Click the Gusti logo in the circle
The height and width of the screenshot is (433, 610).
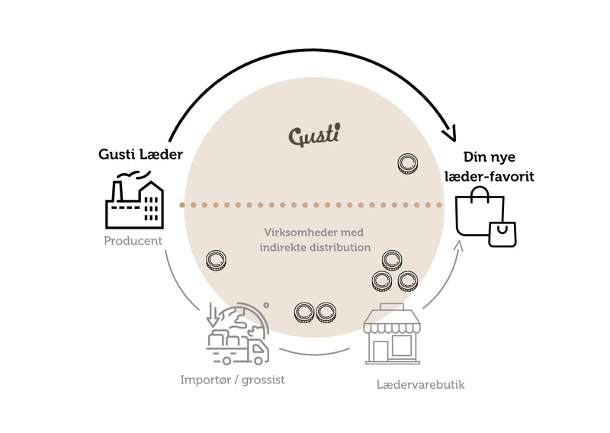point(315,136)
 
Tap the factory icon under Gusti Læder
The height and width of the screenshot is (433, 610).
point(135,202)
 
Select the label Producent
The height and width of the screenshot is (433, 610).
point(133,240)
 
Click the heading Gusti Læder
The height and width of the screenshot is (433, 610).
point(140,155)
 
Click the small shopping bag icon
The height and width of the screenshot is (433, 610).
point(503,234)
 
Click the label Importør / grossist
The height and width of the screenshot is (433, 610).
point(233,379)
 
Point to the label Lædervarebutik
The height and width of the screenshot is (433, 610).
point(420,384)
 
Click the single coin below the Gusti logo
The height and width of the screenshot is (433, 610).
point(409,162)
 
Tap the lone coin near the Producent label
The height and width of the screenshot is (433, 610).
point(217,261)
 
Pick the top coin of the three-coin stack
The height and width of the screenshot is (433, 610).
point(393,261)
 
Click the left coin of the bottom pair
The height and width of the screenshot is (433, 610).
point(305,311)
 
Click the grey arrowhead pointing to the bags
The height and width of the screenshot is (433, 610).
point(461,245)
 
